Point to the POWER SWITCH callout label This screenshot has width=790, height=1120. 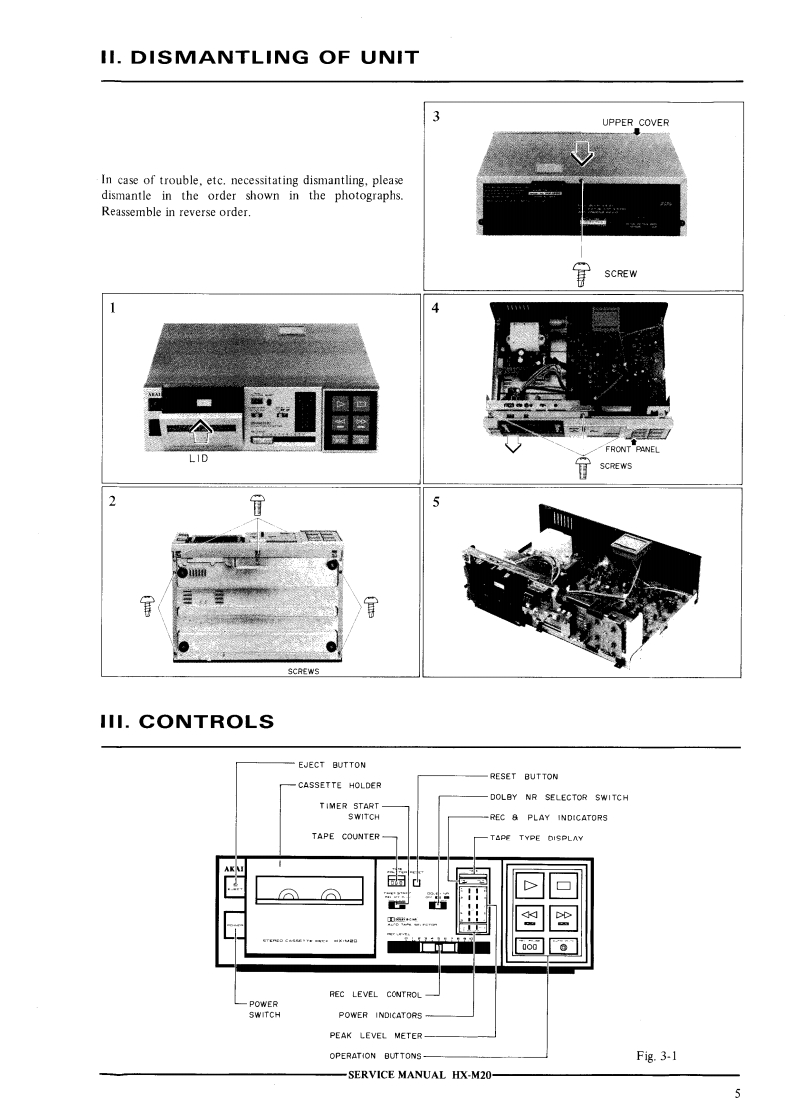(x=265, y=1008)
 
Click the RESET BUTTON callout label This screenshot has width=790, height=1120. (x=524, y=776)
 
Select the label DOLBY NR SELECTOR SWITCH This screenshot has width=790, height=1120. (x=558, y=797)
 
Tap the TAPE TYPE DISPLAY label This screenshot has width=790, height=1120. (x=536, y=838)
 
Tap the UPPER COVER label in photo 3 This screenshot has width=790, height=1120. (x=636, y=123)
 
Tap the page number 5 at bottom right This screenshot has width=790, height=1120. (x=736, y=1093)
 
